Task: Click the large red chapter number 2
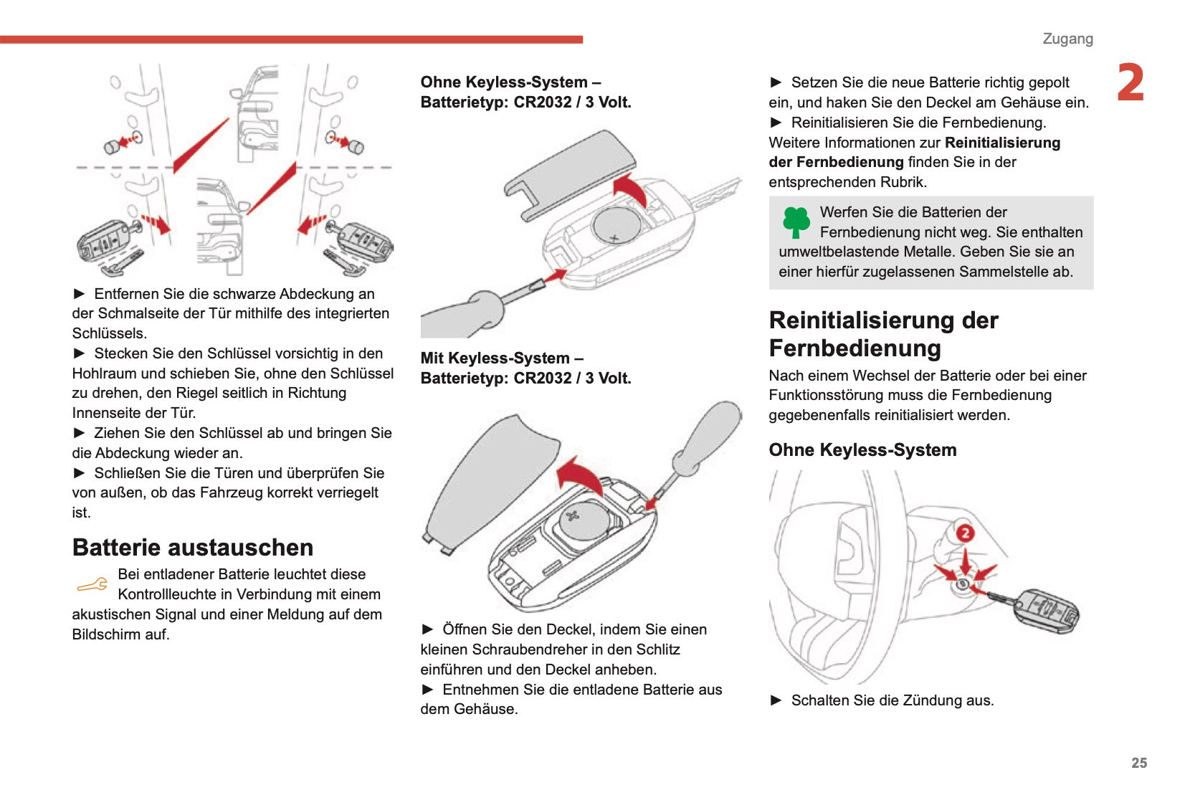click(x=1130, y=83)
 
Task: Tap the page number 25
click(x=1139, y=763)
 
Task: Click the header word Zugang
click(x=1067, y=39)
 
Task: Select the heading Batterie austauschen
click(x=193, y=548)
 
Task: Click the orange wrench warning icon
click(x=92, y=585)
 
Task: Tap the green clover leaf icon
click(x=796, y=222)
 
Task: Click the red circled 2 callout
click(x=965, y=533)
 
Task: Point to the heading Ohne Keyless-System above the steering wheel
click(x=862, y=450)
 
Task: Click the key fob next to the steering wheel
click(x=1047, y=611)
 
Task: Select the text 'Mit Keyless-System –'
click(x=502, y=358)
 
